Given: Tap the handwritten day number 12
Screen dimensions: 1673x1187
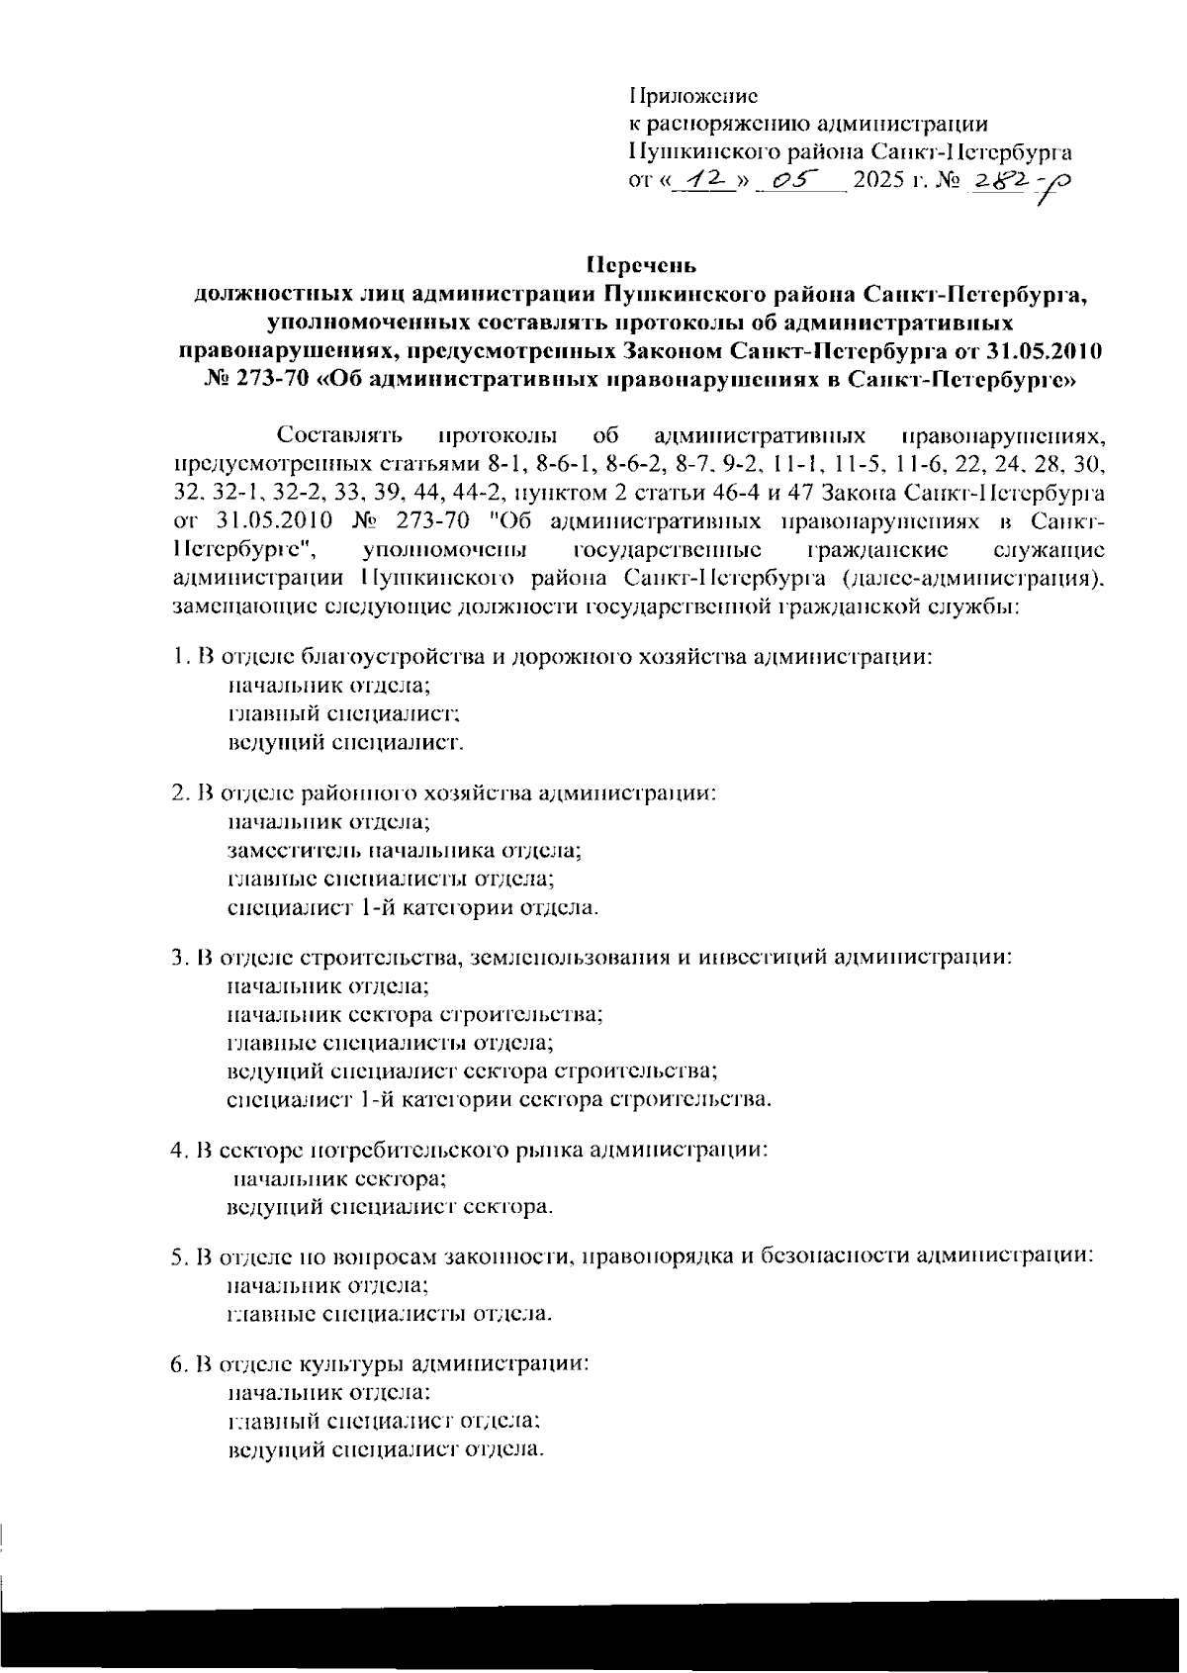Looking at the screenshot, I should (x=706, y=181).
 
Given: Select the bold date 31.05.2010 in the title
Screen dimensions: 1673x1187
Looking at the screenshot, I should (x=1050, y=351).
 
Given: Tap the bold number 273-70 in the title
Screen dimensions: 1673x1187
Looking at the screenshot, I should (x=268, y=380).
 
